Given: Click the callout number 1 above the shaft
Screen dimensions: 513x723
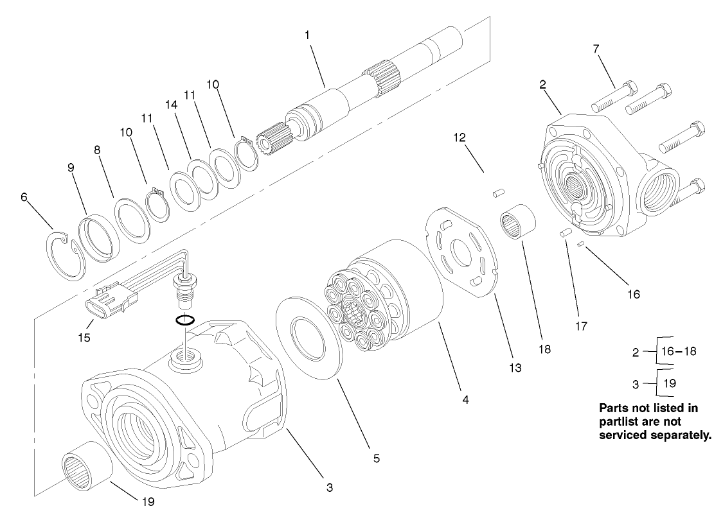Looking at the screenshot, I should (307, 34).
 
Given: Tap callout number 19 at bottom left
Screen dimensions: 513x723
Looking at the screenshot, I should (148, 502).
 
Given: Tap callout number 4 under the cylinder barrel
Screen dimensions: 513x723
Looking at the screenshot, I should (465, 399).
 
